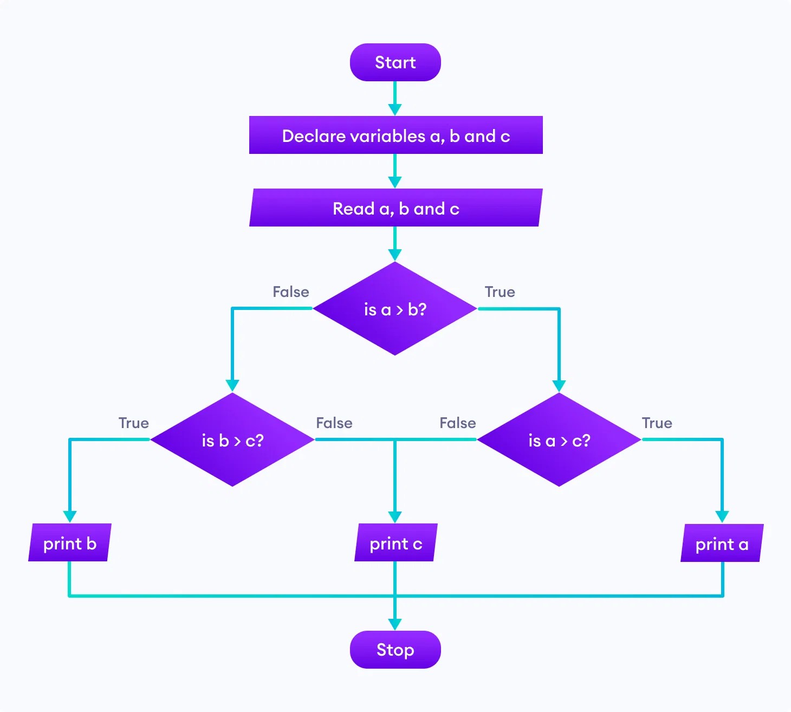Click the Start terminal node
point(395,62)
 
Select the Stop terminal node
point(395,649)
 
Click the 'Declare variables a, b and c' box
point(395,135)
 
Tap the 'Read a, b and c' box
point(395,208)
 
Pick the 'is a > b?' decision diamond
point(395,309)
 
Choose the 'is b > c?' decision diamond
point(232,440)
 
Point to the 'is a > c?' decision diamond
point(559,440)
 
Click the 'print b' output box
point(69,543)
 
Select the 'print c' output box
point(395,543)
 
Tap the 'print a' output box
point(722,543)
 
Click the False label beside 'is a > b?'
point(291,292)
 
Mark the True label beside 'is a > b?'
point(500,292)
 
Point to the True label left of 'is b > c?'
point(133,423)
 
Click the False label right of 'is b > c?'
point(334,423)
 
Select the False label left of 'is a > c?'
point(458,423)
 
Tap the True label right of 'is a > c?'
point(657,423)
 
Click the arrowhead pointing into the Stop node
point(395,624)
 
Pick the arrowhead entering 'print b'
point(69,516)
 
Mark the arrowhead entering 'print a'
point(722,516)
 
